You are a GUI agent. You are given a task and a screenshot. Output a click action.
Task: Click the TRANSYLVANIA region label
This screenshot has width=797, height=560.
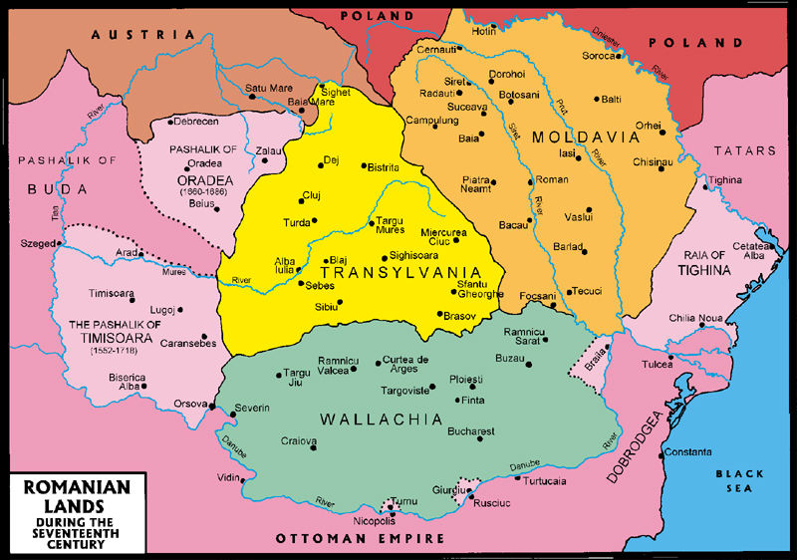(x=387, y=271)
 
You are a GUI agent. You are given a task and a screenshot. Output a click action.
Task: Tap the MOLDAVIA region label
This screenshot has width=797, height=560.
(x=575, y=136)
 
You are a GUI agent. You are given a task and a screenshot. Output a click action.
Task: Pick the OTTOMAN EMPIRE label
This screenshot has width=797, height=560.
(x=360, y=539)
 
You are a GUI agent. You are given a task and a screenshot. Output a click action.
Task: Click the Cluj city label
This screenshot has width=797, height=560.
(x=311, y=196)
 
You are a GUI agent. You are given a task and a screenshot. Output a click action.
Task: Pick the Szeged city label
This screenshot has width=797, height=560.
(x=38, y=243)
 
